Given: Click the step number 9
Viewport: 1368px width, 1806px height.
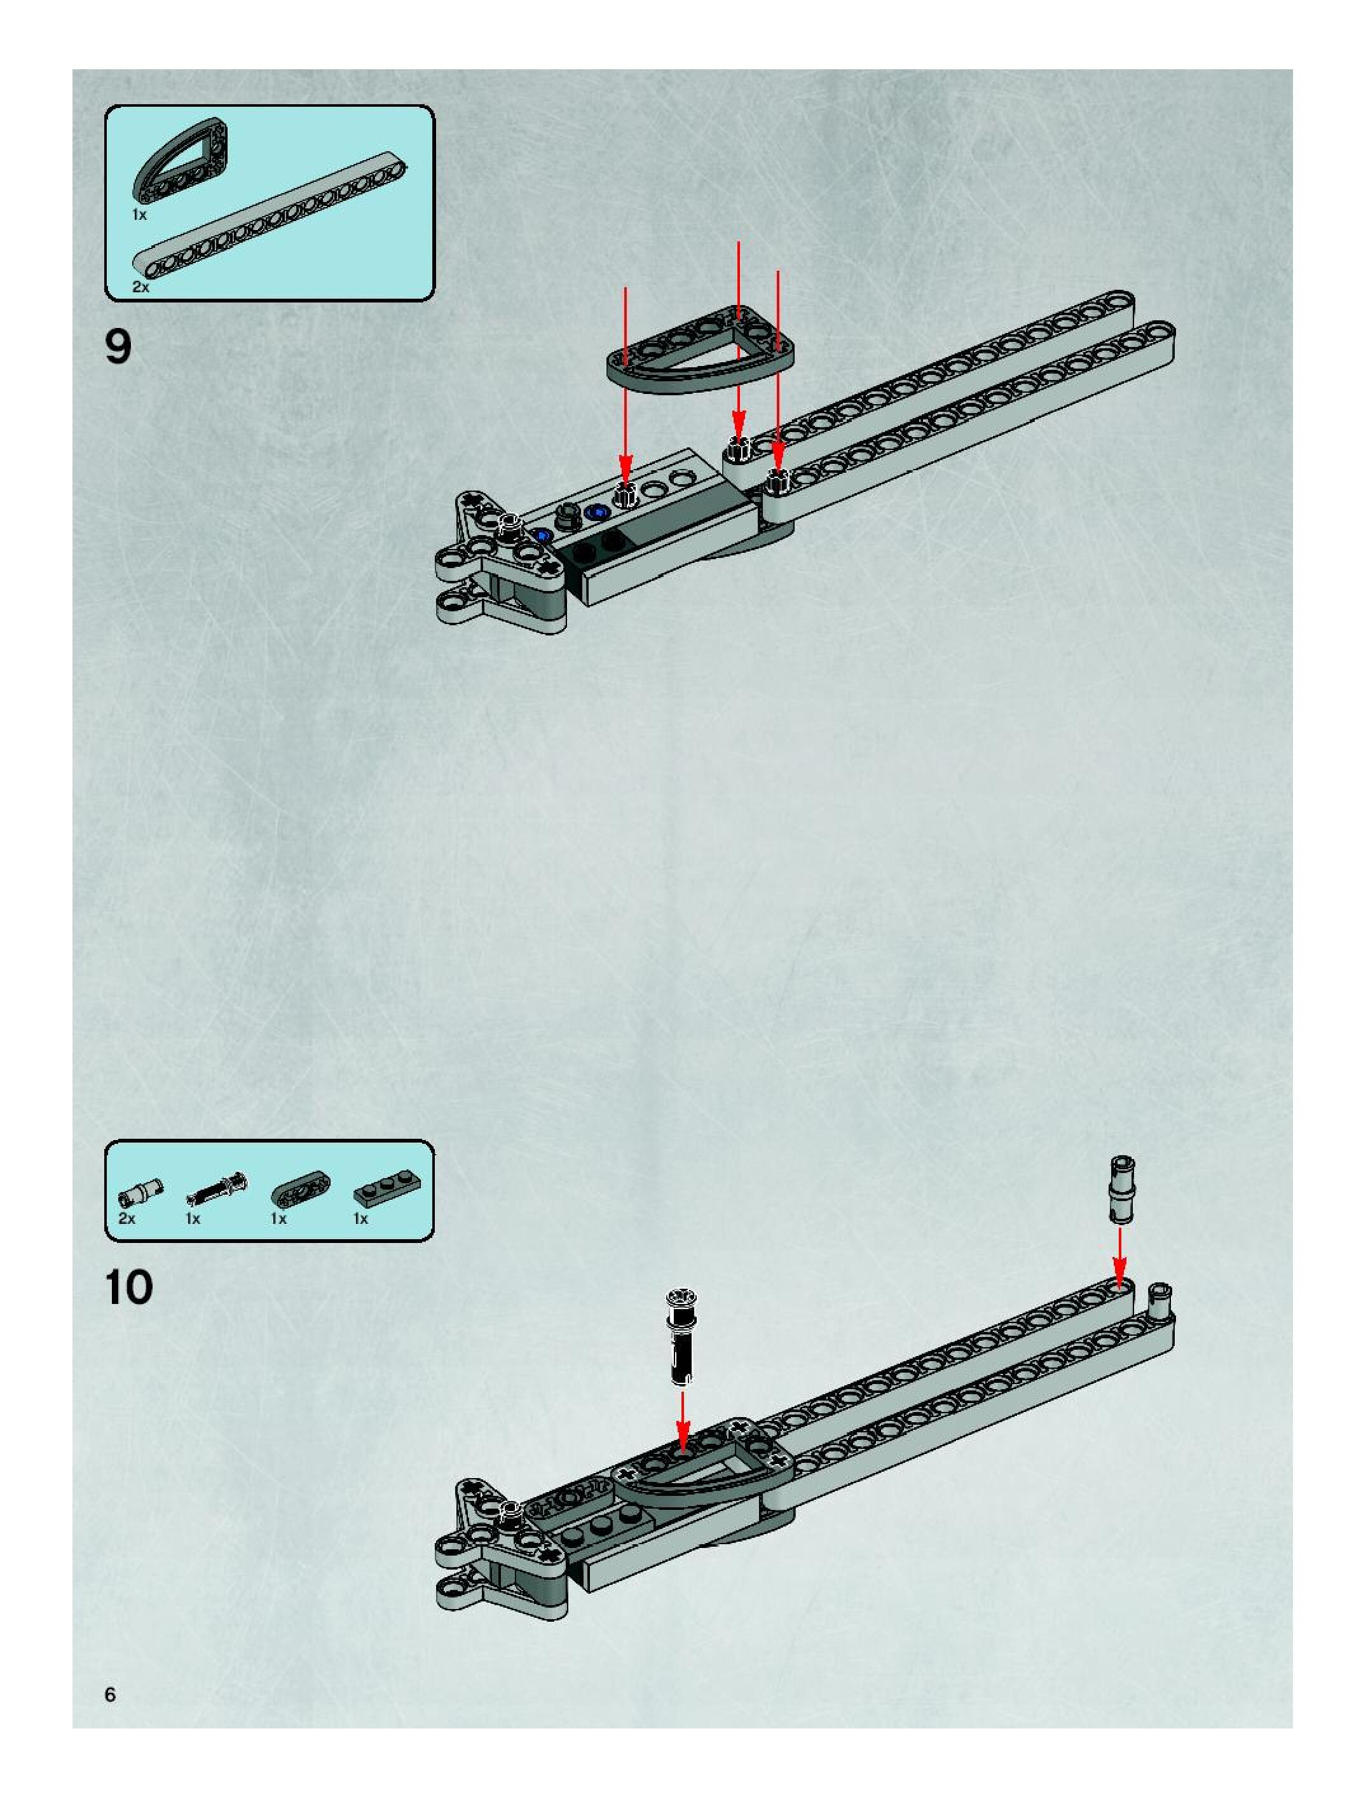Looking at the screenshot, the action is point(118,348).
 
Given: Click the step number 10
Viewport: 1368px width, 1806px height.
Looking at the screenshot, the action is point(129,1287).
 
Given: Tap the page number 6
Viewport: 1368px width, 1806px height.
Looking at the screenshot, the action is point(110,1695).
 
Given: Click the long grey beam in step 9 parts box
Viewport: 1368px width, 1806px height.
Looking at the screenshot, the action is point(270,219).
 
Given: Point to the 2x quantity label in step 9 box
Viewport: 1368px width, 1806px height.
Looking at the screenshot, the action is point(140,287).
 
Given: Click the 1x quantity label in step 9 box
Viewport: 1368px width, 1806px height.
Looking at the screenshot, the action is point(140,215).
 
